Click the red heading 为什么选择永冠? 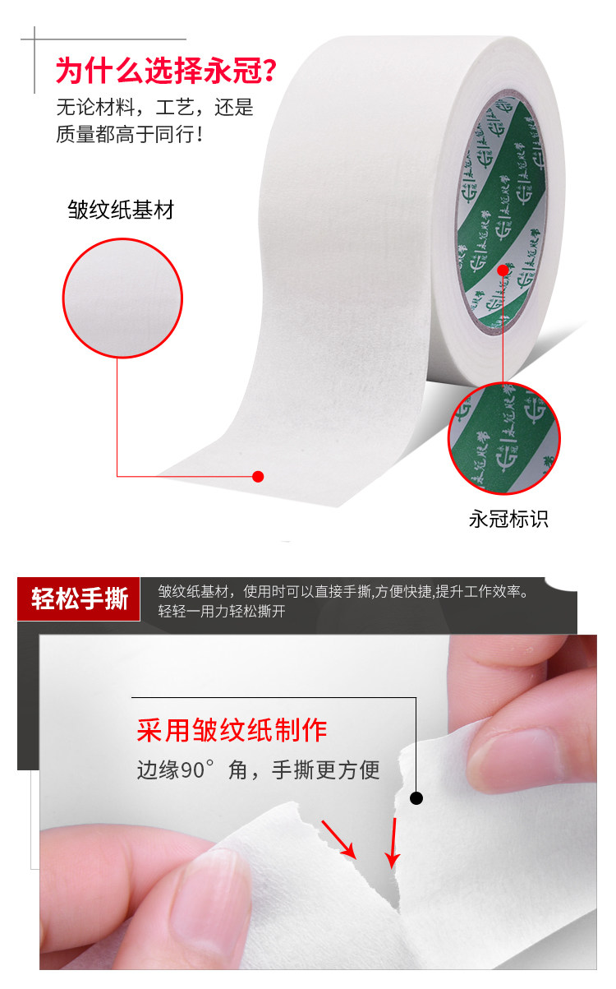pyautogui.click(x=165, y=71)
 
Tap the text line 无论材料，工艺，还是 pyautogui.click(x=154, y=108)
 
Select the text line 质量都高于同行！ pyautogui.click(x=130, y=134)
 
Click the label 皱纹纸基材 pyautogui.click(x=121, y=210)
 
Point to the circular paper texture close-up pyautogui.click(x=123, y=298)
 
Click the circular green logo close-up pyautogui.click(x=503, y=439)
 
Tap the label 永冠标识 pyautogui.click(x=508, y=519)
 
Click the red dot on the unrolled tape pyautogui.click(x=258, y=476)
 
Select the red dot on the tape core pyautogui.click(x=503, y=270)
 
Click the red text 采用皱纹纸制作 pyautogui.click(x=232, y=730)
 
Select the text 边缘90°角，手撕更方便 pyautogui.click(x=258, y=770)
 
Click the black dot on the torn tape pyautogui.click(x=416, y=797)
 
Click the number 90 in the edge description pyautogui.click(x=191, y=771)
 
